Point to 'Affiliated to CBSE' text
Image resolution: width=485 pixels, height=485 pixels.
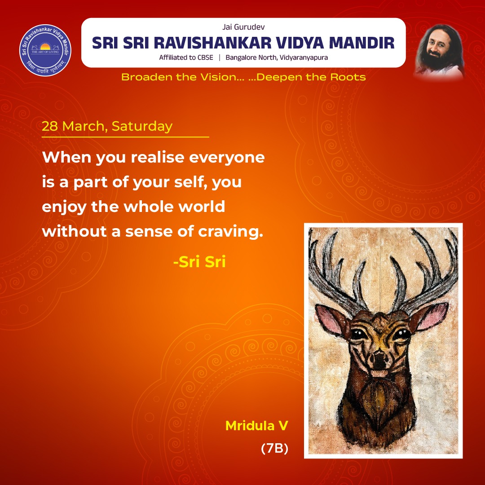(x=186, y=57)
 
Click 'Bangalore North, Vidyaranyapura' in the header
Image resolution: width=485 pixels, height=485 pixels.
(x=277, y=57)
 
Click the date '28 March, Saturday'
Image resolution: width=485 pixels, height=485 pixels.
(x=107, y=126)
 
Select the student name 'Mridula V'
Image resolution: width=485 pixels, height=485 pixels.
(x=256, y=426)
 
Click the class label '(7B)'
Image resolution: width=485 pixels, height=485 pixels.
(x=274, y=449)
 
